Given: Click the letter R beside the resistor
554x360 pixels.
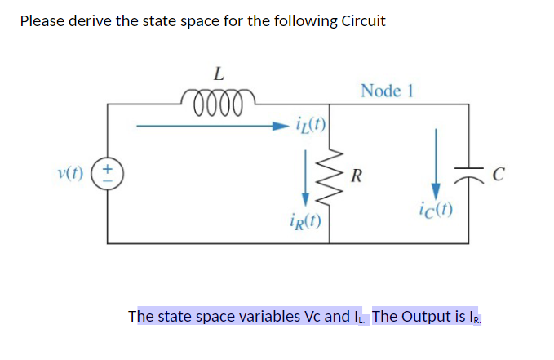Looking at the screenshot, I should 357,175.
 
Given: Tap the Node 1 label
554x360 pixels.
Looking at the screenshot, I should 387,91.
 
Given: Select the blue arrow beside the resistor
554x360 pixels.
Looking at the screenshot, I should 306,178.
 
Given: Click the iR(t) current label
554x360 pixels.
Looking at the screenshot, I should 305,221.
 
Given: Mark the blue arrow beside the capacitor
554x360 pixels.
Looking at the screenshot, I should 436,161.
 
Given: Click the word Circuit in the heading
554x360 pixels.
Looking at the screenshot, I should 358,21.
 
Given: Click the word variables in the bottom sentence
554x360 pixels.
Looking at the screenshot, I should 277,316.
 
